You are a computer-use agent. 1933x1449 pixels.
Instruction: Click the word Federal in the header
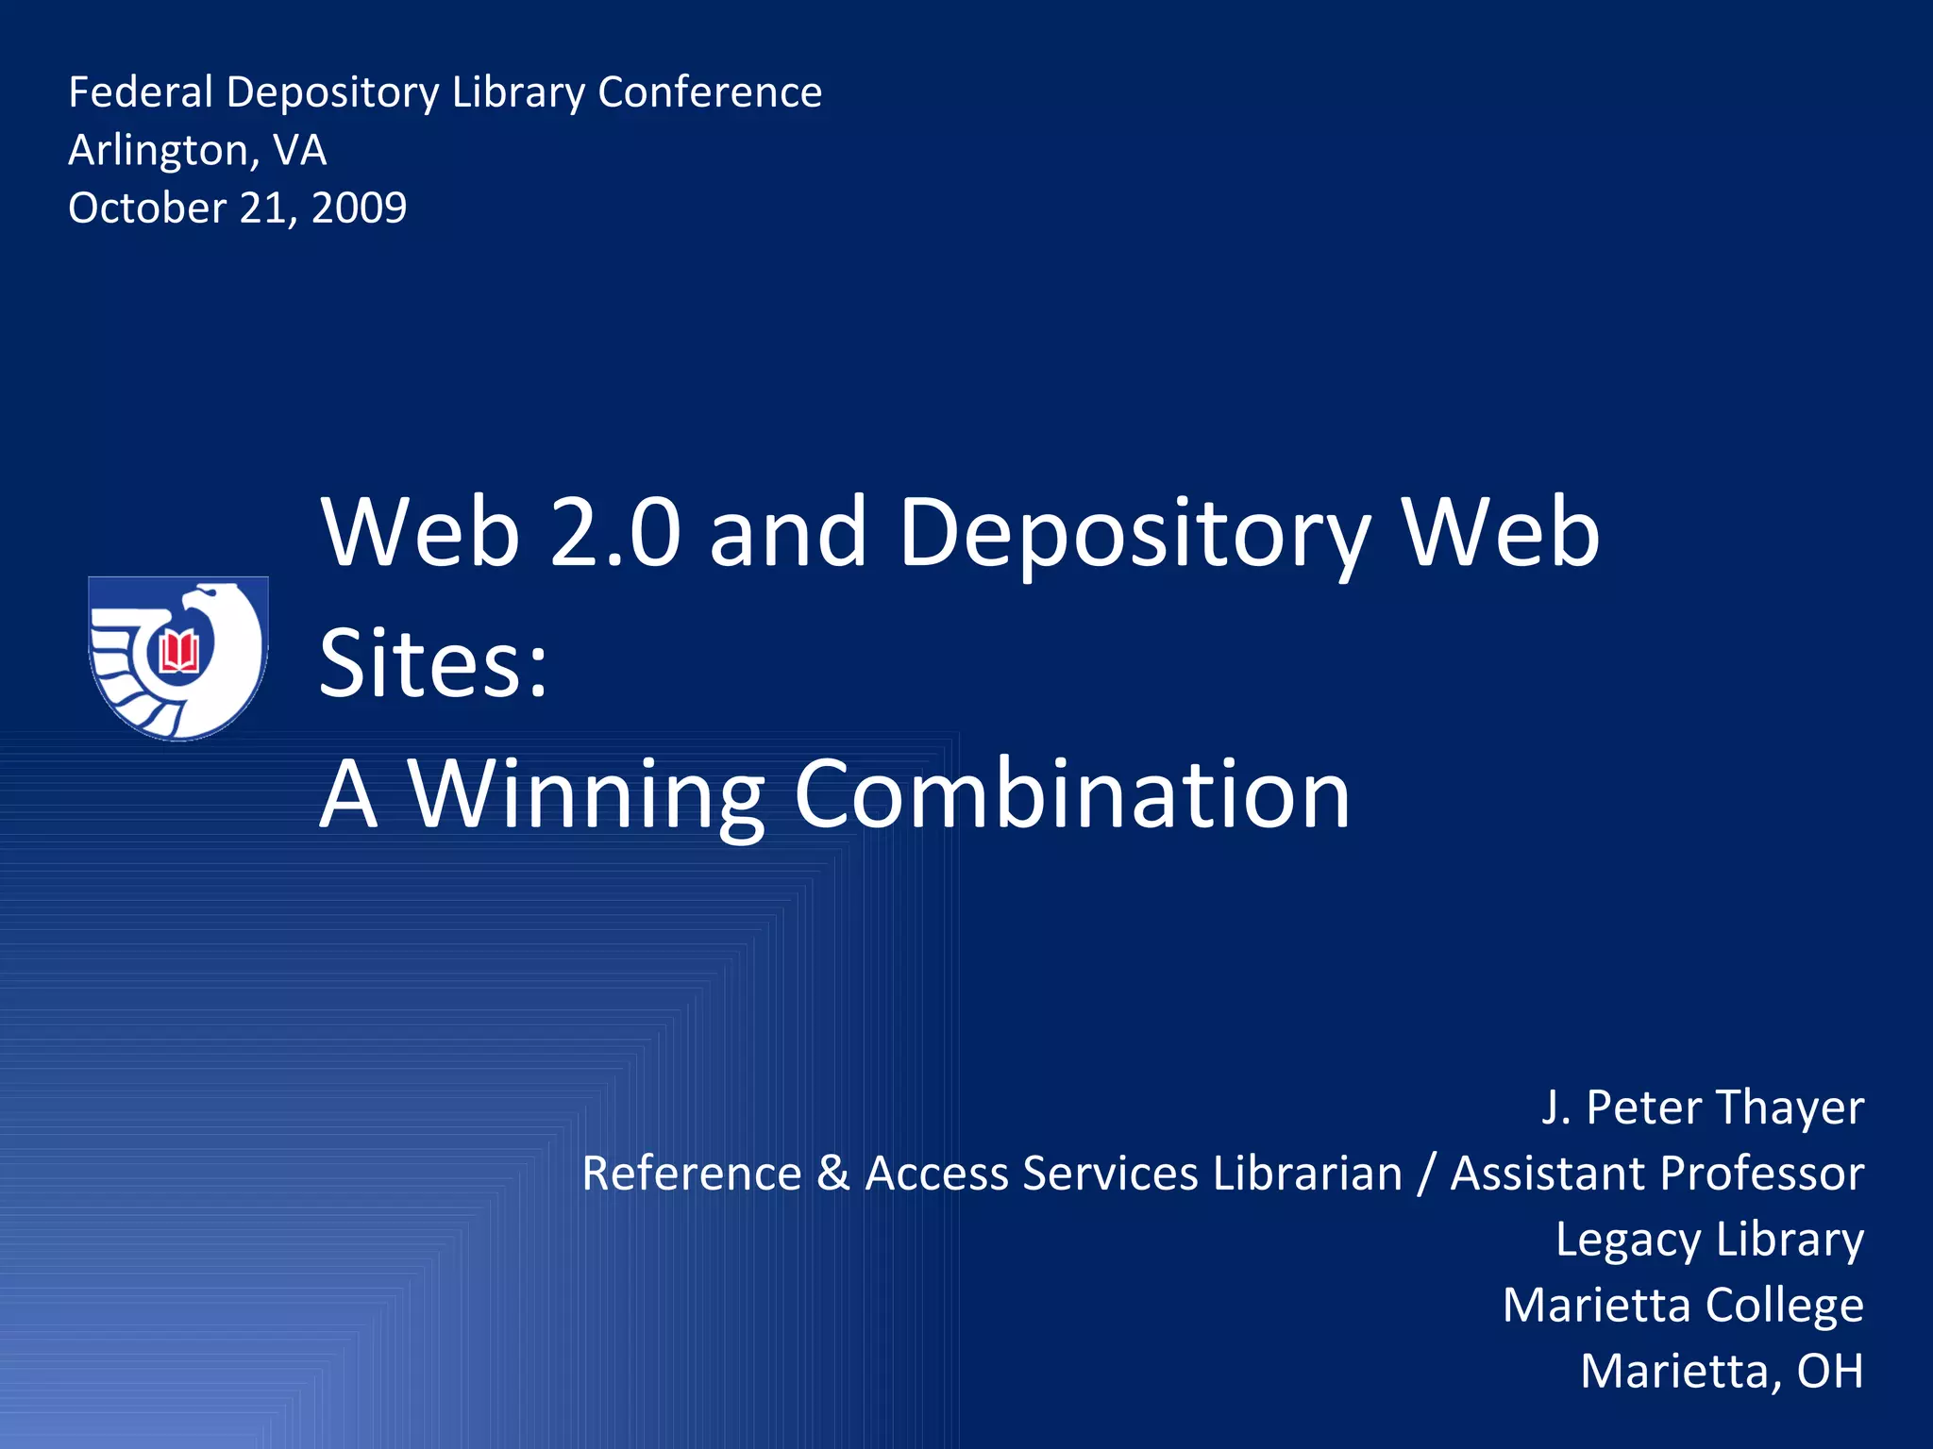coord(141,92)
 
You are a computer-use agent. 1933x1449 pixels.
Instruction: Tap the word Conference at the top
coord(710,92)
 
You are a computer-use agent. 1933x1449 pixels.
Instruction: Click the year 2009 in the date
coord(360,208)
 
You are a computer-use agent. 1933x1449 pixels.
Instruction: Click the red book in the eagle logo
coord(179,651)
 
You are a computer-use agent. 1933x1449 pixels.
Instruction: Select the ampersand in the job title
coord(833,1174)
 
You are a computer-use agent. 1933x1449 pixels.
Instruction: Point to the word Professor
coord(1761,1174)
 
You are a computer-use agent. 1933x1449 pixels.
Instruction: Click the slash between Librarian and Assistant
coord(1426,1174)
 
